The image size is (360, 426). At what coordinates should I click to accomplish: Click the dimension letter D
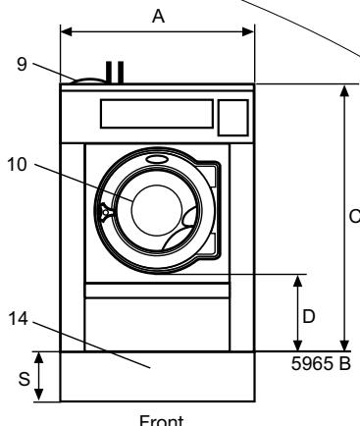point(307,316)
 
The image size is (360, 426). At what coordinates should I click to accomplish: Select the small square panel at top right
point(232,117)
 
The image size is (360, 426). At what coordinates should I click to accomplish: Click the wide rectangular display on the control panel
point(155,114)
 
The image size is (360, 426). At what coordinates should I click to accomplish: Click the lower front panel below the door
point(157,324)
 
